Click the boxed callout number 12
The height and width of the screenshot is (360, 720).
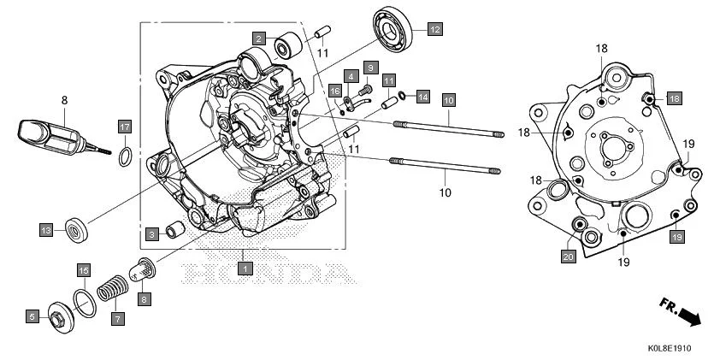(434, 29)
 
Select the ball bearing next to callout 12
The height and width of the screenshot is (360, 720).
(396, 28)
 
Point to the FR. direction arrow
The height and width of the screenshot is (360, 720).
(681, 311)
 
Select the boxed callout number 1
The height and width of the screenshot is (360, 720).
(245, 269)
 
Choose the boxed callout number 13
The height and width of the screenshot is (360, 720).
(46, 229)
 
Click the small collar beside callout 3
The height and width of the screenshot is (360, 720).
(174, 230)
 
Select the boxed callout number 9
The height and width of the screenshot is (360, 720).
(370, 67)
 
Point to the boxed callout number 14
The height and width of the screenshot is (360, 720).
(422, 97)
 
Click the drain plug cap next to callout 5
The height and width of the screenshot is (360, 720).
(61, 316)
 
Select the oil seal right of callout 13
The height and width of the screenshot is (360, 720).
(76, 229)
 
